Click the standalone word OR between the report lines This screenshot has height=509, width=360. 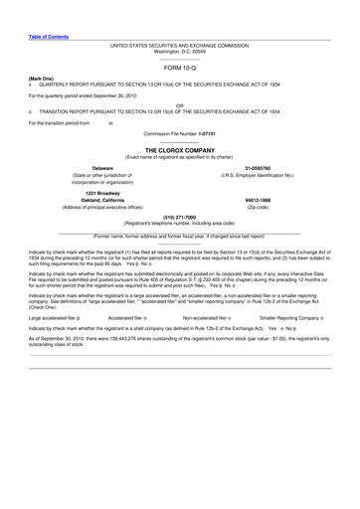(179, 104)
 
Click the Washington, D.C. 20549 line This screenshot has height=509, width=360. (179, 51)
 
